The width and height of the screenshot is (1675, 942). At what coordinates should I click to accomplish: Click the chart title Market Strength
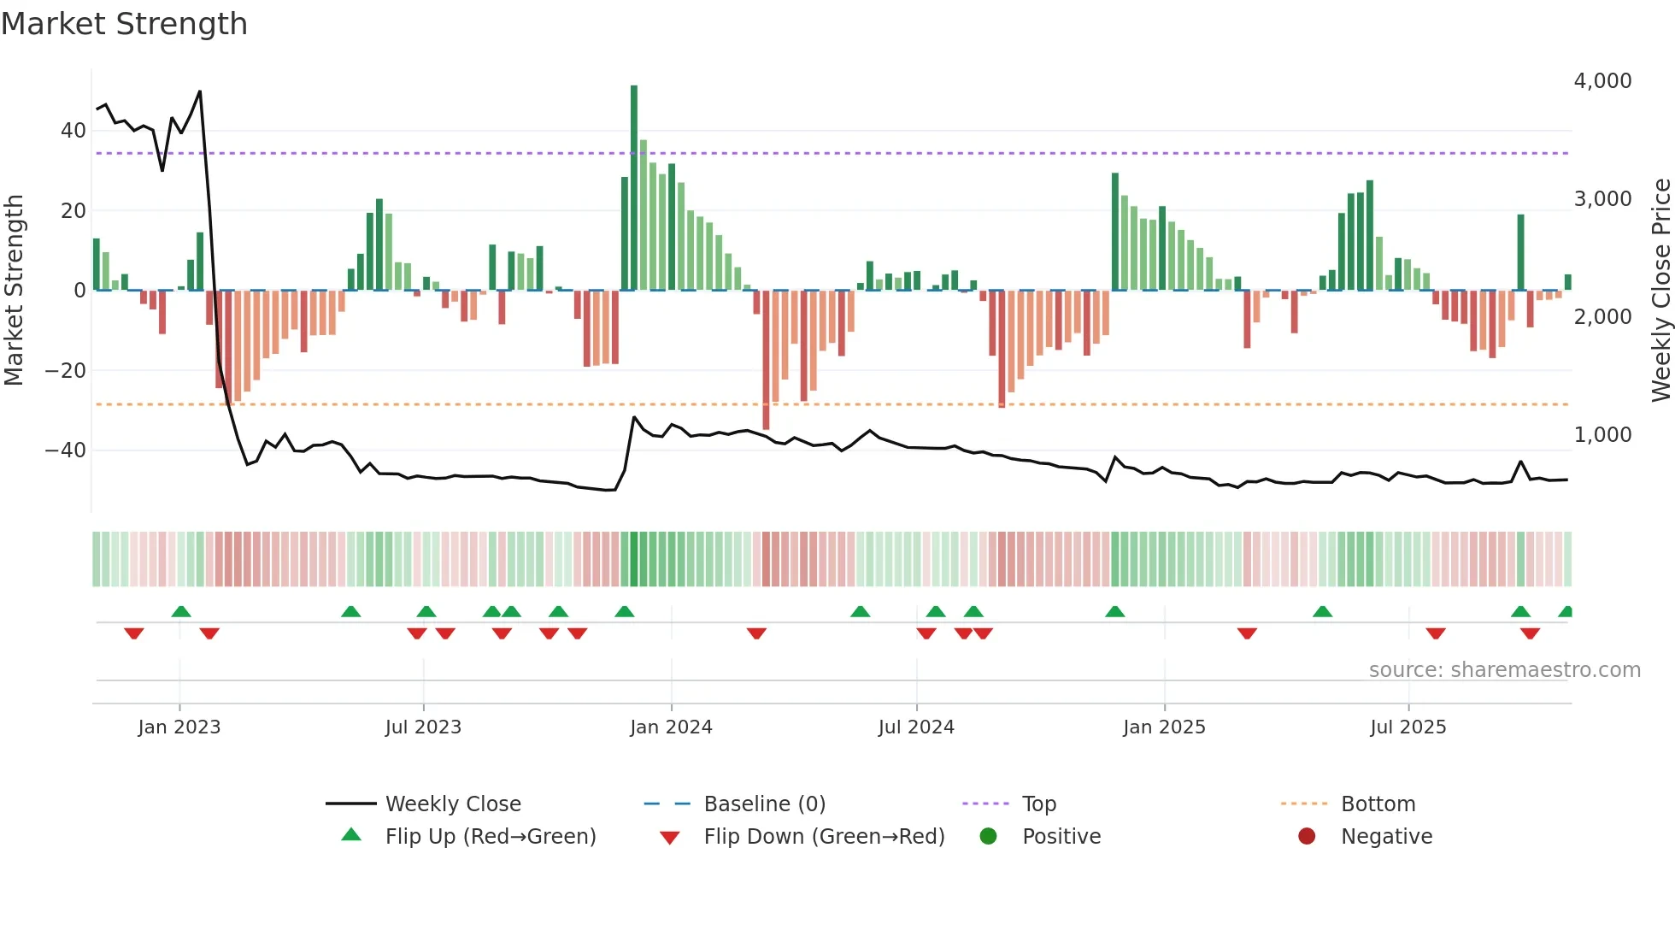(x=124, y=24)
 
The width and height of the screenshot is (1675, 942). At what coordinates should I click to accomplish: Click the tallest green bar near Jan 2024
(x=634, y=188)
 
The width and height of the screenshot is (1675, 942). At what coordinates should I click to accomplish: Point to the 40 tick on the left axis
(x=73, y=131)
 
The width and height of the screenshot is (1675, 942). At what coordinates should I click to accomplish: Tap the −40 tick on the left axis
(x=66, y=450)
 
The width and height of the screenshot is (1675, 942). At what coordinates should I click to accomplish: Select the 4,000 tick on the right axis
(x=1602, y=81)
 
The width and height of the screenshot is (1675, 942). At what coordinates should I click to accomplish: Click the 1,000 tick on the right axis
(x=1602, y=435)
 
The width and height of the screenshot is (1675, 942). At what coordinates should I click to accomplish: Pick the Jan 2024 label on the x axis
(x=671, y=727)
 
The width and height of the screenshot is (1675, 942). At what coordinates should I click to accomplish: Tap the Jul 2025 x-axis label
(x=1408, y=727)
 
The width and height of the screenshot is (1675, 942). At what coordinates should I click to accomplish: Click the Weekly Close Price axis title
(x=1660, y=291)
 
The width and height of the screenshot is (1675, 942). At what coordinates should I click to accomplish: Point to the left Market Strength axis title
(x=15, y=291)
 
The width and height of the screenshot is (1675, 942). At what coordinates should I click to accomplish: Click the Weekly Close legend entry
(x=452, y=804)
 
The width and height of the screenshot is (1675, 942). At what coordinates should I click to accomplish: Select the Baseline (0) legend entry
(x=764, y=804)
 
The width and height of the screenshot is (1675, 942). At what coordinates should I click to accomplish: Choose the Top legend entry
(x=1039, y=804)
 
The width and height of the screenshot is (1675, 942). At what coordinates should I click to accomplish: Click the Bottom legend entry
(x=1378, y=804)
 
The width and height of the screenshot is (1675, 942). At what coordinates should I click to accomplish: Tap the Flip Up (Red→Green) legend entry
(x=490, y=837)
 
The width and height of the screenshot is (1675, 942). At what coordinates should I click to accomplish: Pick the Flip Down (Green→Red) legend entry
(x=824, y=837)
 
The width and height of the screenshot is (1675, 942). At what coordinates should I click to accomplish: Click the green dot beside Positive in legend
(x=989, y=837)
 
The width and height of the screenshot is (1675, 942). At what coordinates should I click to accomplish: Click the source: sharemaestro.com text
(x=1504, y=670)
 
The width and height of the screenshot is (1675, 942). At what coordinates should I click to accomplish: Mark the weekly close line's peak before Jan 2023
(x=199, y=91)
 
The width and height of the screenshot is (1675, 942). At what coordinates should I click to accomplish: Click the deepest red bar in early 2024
(x=766, y=359)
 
